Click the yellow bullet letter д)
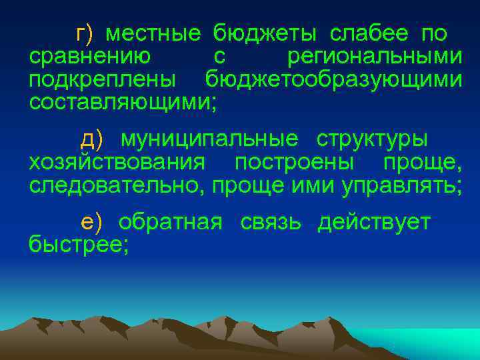(91, 140)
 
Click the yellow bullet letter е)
(91, 223)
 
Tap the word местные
(153, 33)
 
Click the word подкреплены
(103, 79)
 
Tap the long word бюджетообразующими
(333, 79)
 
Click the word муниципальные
(209, 140)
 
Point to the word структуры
(372, 140)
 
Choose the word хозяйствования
(117, 163)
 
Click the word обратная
(171, 223)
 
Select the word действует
(375, 223)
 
